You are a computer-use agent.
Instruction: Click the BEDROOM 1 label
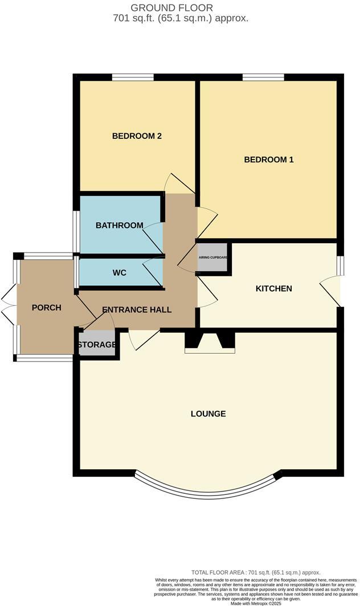268,159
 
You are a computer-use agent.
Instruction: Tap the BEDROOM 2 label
137,136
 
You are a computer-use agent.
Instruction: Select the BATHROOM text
119,226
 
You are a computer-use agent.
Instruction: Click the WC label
119,273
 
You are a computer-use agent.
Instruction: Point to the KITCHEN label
273,289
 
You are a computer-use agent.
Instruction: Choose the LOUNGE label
208,413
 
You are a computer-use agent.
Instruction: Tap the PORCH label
46,308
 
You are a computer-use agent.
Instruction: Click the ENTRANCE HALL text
137,310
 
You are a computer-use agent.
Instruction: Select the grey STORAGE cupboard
97,345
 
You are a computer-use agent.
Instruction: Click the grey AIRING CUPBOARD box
212,257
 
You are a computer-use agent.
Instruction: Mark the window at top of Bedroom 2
133,77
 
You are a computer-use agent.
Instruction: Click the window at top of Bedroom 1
263,77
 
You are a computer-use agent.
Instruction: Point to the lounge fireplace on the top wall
210,342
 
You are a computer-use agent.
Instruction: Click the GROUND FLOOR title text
180,7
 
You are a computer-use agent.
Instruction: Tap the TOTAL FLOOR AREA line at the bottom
255,572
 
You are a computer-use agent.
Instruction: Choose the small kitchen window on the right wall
339,265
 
